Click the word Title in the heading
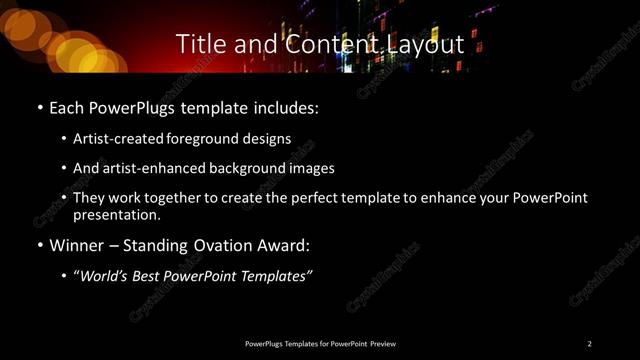(x=198, y=44)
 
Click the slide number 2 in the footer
(x=590, y=343)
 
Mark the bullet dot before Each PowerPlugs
(x=39, y=107)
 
